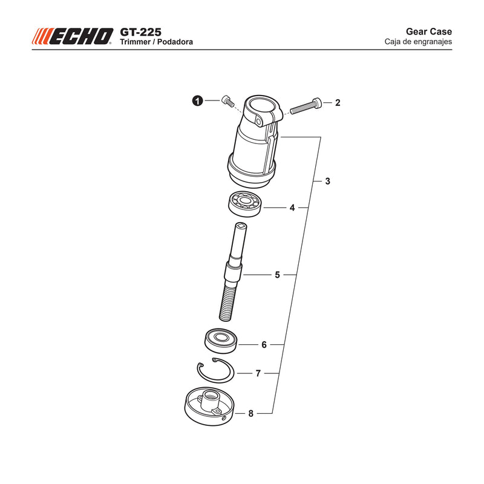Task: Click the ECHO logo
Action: tap(73, 36)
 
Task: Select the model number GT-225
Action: tap(140, 32)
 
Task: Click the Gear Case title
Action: tap(429, 31)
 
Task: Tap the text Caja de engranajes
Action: tap(418, 42)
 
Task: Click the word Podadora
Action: tap(175, 42)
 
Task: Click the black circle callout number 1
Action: tap(198, 100)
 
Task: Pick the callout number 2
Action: tap(338, 102)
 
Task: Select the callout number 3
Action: tap(327, 181)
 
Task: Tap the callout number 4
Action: tap(292, 208)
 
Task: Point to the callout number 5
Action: tap(277, 275)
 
